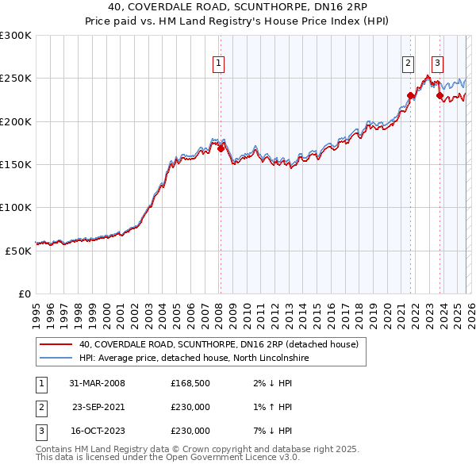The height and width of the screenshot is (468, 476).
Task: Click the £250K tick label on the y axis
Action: [16, 79]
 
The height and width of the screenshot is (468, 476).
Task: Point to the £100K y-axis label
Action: [16, 207]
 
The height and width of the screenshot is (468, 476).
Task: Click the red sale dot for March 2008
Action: [221, 148]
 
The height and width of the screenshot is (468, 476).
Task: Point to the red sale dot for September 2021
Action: [411, 96]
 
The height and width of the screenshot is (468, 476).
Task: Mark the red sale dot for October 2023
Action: [440, 96]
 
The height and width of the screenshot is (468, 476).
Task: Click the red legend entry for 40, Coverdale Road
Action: [218, 345]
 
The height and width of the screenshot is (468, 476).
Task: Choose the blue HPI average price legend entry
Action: [193, 359]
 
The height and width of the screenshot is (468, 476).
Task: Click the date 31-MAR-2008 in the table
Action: [98, 383]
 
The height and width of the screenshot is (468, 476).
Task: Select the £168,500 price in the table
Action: [190, 383]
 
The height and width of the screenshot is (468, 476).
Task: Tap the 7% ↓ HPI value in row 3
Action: [271, 431]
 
